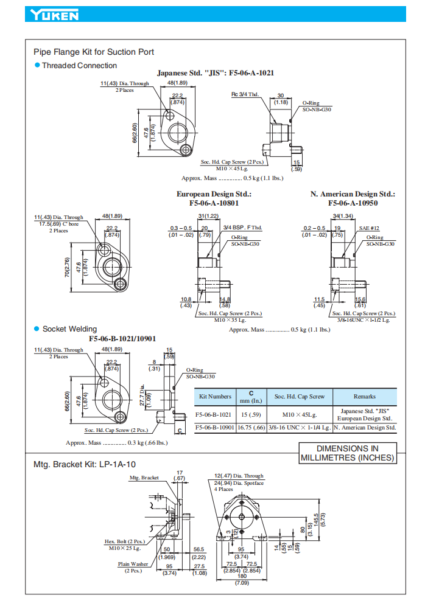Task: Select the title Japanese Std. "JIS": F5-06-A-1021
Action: [215, 73]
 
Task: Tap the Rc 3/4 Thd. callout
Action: [245, 94]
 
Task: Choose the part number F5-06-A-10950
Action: [353, 203]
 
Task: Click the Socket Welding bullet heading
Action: [69, 329]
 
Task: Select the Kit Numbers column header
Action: [216, 396]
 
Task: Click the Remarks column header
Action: [364, 396]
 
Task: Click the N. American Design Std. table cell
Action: [364, 428]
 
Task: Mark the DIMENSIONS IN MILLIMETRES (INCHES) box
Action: [347, 454]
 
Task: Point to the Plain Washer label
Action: [133, 564]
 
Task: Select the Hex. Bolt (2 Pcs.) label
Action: [124, 541]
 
